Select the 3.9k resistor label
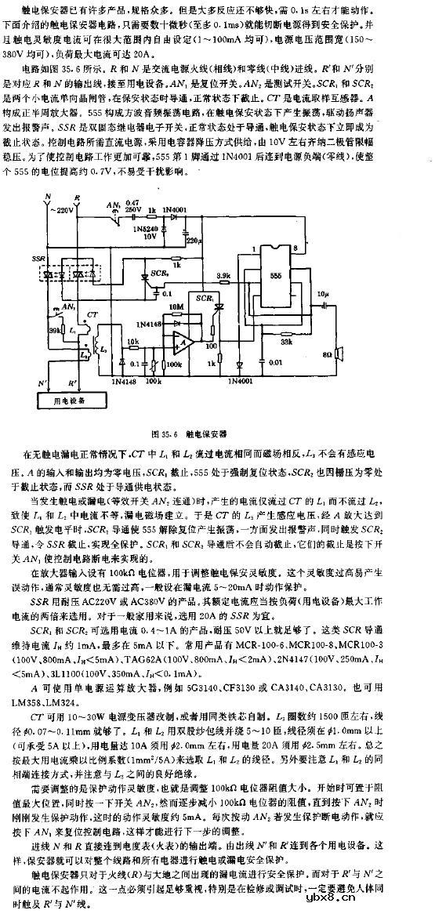[x=223, y=276]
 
